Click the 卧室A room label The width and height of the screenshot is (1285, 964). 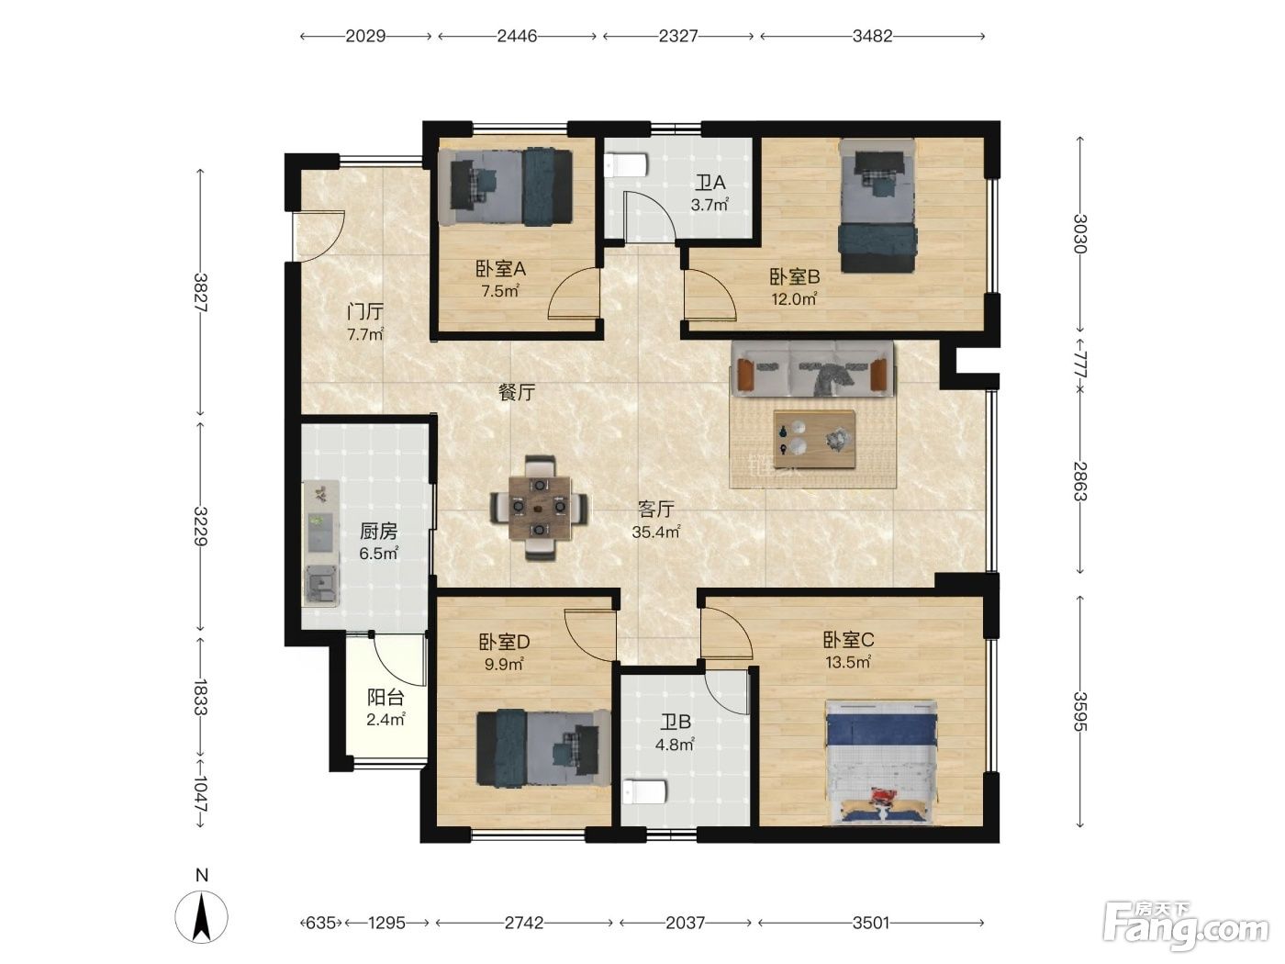[500, 269]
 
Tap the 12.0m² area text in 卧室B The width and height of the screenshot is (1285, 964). [794, 298]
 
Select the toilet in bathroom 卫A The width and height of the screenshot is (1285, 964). [626, 165]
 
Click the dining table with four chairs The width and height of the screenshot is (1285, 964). [539, 508]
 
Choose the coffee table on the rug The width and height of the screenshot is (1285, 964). [814, 439]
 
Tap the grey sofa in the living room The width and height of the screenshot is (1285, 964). [812, 369]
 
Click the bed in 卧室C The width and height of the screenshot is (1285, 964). [882, 763]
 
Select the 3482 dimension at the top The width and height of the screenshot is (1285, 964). [872, 37]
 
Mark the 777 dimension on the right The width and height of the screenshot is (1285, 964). [1080, 365]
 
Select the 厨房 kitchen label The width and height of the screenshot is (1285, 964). [378, 531]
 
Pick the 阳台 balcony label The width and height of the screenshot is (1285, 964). [385, 698]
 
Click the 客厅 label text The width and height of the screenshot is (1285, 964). [655, 510]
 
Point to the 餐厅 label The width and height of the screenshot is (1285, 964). [517, 392]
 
